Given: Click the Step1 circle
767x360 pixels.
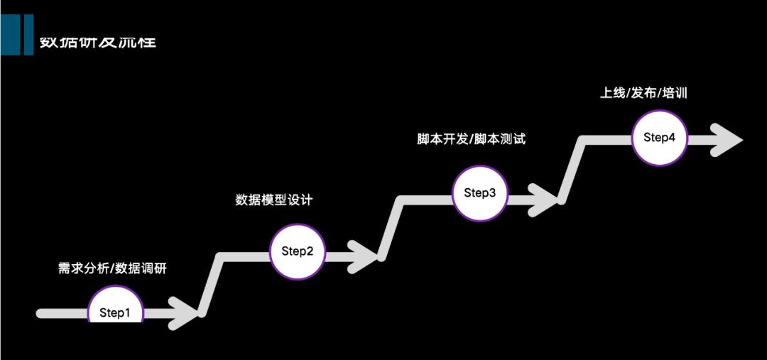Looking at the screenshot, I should click(115, 310).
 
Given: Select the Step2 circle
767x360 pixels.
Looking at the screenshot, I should click(298, 251).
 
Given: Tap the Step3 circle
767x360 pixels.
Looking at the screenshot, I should click(480, 192).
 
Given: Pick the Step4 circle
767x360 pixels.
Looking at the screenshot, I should click(660, 138).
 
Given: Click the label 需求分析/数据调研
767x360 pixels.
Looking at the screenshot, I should click(114, 268).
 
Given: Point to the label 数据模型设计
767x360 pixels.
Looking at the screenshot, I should click(274, 200).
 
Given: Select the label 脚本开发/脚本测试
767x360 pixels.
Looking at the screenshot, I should click(471, 139).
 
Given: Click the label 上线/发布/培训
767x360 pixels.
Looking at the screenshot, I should click(644, 93).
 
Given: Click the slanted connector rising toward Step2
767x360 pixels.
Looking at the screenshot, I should click(212, 284).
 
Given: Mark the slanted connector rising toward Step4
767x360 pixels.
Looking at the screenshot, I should click(572, 169).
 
